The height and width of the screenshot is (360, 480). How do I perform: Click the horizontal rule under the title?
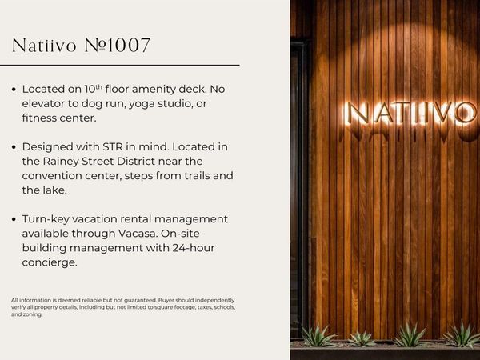(126, 65)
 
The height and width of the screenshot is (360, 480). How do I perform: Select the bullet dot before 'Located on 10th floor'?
(14, 90)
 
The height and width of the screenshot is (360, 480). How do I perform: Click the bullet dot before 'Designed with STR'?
(14, 148)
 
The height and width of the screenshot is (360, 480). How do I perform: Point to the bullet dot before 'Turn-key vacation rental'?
(14, 220)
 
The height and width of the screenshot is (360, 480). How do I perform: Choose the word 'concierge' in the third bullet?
(49, 262)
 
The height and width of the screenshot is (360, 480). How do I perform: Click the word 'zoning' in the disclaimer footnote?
(34, 314)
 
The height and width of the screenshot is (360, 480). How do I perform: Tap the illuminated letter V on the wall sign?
(437, 113)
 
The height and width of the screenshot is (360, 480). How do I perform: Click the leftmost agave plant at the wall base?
(318, 336)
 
